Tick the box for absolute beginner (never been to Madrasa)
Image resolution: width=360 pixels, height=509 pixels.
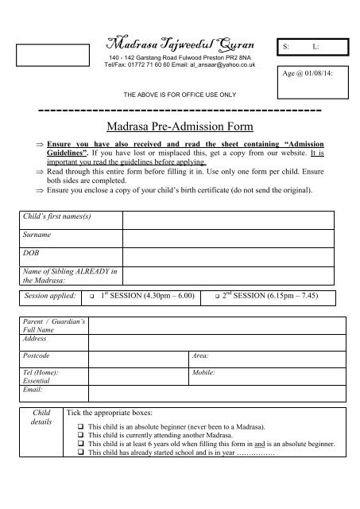(x=81, y=428)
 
